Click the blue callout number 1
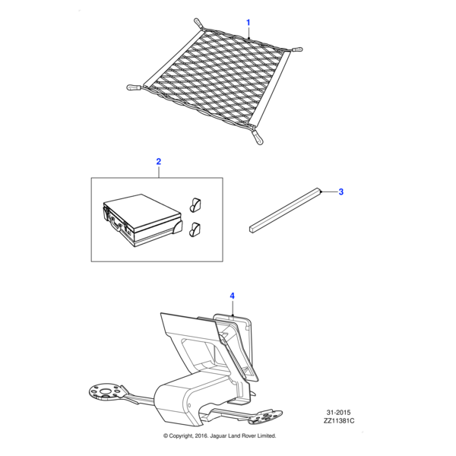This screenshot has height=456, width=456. (x=248, y=22)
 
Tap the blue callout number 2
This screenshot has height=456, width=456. (x=159, y=161)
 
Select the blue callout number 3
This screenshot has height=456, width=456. (x=340, y=192)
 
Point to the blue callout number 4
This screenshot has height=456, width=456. (x=232, y=296)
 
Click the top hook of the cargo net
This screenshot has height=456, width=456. (x=198, y=23)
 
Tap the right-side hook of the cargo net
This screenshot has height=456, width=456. (x=296, y=49)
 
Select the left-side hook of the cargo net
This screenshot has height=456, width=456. (x=134, y=87)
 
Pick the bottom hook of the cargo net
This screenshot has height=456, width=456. (x=258, y=138)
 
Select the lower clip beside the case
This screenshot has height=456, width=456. (x=195, y=230)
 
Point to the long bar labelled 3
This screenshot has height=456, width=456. (x=285, y=211)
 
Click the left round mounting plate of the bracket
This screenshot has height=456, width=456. (x=106, y=392)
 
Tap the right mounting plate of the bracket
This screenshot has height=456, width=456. (x=265, y=416)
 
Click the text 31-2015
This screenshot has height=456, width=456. (x=338, y=413)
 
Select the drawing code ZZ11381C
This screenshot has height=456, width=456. (x=339, y=421)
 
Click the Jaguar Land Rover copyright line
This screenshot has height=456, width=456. (x=220, y=435)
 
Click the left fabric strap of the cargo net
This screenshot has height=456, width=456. (x=174, y=59)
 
